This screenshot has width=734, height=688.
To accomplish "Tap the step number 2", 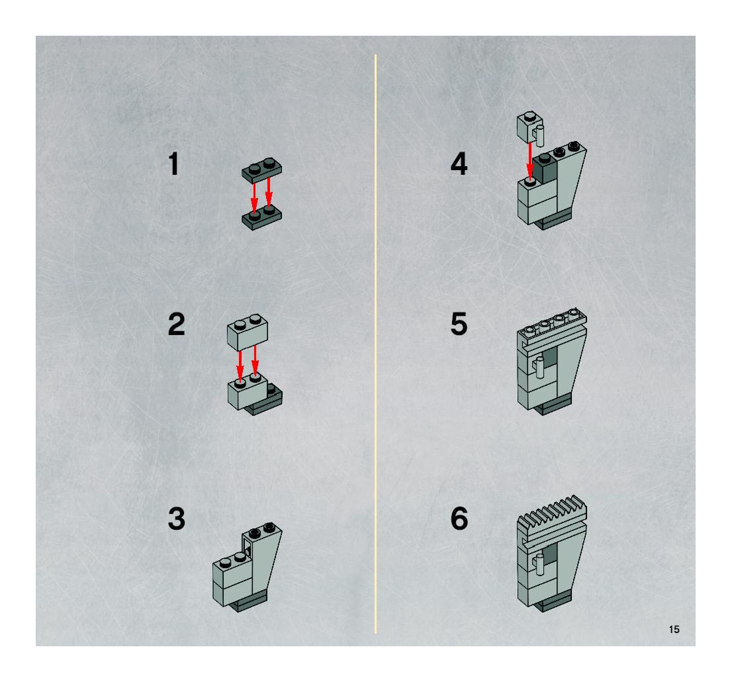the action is tap(176, 324).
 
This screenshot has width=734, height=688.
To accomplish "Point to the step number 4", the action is tap(459, 164).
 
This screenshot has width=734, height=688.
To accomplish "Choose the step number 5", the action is tap(459, 324).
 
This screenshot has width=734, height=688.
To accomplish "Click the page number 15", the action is tap(674, 629).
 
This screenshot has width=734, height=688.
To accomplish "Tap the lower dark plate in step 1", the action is tap(262, 219).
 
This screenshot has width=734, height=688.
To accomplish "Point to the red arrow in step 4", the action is tap(530, 162).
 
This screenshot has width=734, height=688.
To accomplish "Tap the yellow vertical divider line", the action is tap(376, 343).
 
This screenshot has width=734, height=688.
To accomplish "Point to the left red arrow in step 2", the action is tap(240, 367).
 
